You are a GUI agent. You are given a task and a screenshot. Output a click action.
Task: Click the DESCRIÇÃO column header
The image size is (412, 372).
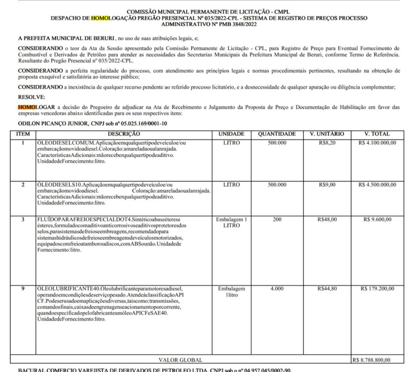point(124,134)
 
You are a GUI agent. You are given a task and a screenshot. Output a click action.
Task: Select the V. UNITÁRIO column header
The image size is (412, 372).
point(327,134)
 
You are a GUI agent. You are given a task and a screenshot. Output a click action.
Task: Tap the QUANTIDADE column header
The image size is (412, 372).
point(277,134)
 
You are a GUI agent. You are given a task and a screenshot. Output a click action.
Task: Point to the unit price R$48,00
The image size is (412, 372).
point(327,220)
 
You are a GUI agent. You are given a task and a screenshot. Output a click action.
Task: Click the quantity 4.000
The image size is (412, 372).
point(277,288)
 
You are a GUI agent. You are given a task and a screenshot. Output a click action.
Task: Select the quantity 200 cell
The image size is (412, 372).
point(277,220)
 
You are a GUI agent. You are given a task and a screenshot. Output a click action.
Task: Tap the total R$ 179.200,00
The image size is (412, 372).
point(377,288)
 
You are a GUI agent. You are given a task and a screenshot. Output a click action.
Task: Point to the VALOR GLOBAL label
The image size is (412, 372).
point(181,360)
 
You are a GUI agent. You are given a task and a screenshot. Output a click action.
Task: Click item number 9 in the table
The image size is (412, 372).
point(23,288)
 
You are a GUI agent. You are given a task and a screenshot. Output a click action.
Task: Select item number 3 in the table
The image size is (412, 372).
point(23,220)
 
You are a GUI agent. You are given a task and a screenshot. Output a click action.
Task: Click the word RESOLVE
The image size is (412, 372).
point(32,97)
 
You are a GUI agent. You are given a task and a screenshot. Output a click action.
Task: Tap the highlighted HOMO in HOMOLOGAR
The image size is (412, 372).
point(27,107)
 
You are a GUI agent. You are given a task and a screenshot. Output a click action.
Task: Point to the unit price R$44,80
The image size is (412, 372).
point(327,288)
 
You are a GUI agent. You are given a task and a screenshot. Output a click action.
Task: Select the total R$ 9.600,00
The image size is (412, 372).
point(377,220)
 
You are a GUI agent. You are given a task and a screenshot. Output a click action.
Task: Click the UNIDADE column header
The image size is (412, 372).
point(231,134)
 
